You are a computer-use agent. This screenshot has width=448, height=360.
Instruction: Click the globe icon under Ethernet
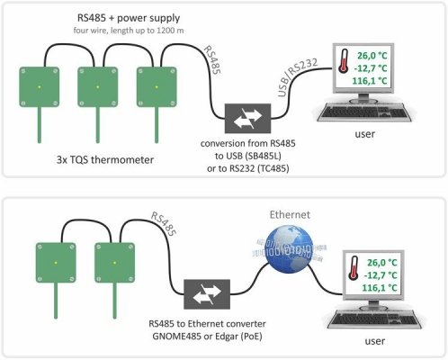[290, 247]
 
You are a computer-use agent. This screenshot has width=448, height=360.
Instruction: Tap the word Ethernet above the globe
[290, 215]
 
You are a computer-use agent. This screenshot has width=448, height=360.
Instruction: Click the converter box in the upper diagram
[247, 118]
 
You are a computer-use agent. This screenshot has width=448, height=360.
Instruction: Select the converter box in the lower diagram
[207, 294]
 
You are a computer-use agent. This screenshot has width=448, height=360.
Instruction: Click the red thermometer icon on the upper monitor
[344, 60]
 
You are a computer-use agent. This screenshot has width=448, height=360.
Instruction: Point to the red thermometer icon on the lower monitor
[354, 268]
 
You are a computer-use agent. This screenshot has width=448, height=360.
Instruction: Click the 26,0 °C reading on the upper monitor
[372, 56]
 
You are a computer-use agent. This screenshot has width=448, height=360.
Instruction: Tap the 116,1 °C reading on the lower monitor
[380, 288]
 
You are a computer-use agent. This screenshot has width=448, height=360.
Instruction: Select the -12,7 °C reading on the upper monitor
[371, 68]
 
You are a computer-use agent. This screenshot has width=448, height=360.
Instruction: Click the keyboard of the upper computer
[364, 112]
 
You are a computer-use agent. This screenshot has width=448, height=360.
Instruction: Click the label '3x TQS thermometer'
[105, 159]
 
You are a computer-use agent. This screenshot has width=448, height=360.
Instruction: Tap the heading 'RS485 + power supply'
[129, 18]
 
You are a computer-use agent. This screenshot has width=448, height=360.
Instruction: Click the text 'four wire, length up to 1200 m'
[129, 31]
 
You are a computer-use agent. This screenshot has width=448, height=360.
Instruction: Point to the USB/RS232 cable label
[297, 77]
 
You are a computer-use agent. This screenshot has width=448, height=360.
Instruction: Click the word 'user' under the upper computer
[364, 134]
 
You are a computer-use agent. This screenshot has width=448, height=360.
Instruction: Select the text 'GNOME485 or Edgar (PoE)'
[207, 337]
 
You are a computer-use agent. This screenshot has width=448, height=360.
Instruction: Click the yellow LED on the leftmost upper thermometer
[40, 87]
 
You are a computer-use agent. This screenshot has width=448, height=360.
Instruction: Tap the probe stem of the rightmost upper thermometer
[157, 125]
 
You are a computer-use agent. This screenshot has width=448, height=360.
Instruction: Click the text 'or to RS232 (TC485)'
[248, 168]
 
